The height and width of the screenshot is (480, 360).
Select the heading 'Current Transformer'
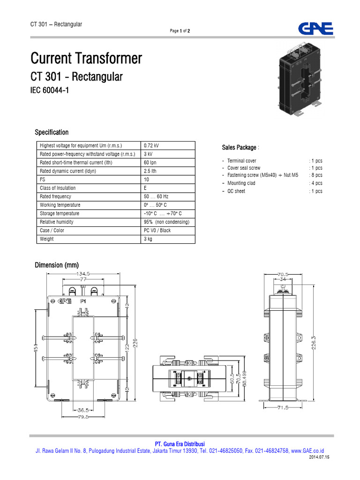click(x=86, y=59)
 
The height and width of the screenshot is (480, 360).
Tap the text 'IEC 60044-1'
click(x=50, y=90)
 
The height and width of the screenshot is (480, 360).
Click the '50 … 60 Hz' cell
click(x=156, y=196)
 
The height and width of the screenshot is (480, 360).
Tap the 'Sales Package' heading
click(x=240, y=148)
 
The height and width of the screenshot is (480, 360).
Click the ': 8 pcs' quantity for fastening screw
click(x=315, y=175)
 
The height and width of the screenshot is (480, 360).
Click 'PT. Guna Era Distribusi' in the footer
click(x=180, y=444)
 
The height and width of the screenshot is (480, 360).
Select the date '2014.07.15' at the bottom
click(x=320, y=457)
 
